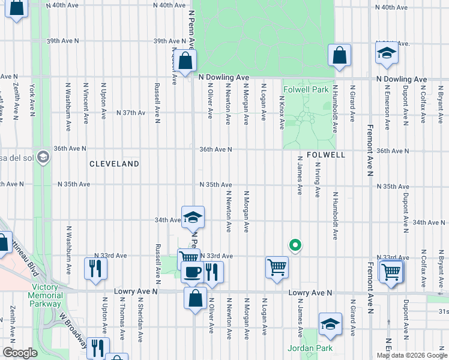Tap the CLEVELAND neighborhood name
click(114, 164)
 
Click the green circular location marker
click(295, 244)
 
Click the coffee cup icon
click(192, 272)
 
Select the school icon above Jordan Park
click(330, 324)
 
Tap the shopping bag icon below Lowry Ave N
click(196, 298)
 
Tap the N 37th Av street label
click(131, 113)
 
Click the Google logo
click(20, 353)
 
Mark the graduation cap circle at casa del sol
click(42, 157)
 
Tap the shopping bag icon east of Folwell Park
click(339, 55)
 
